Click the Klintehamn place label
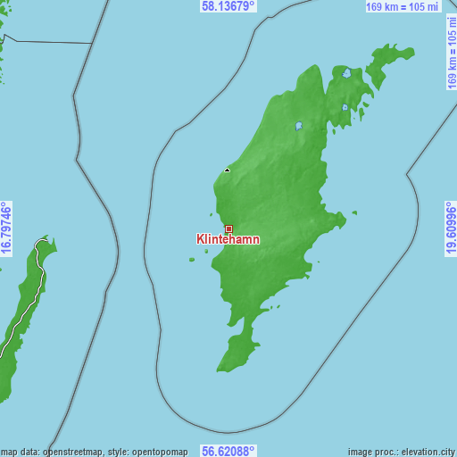(228, 240)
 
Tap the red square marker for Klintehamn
(228, 229)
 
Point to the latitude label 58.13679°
(228, 6)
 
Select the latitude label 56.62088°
(228, 451)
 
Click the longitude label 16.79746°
(6, 228)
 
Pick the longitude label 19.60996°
(451, 228)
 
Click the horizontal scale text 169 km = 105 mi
(403, 7)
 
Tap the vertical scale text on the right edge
(451, 54)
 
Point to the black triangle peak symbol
(228, 170)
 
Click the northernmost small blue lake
(346, 73)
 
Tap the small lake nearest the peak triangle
(299, 126)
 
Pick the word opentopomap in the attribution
(159, 452)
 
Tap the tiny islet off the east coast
(354, 212)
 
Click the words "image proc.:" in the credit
(370, 452)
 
